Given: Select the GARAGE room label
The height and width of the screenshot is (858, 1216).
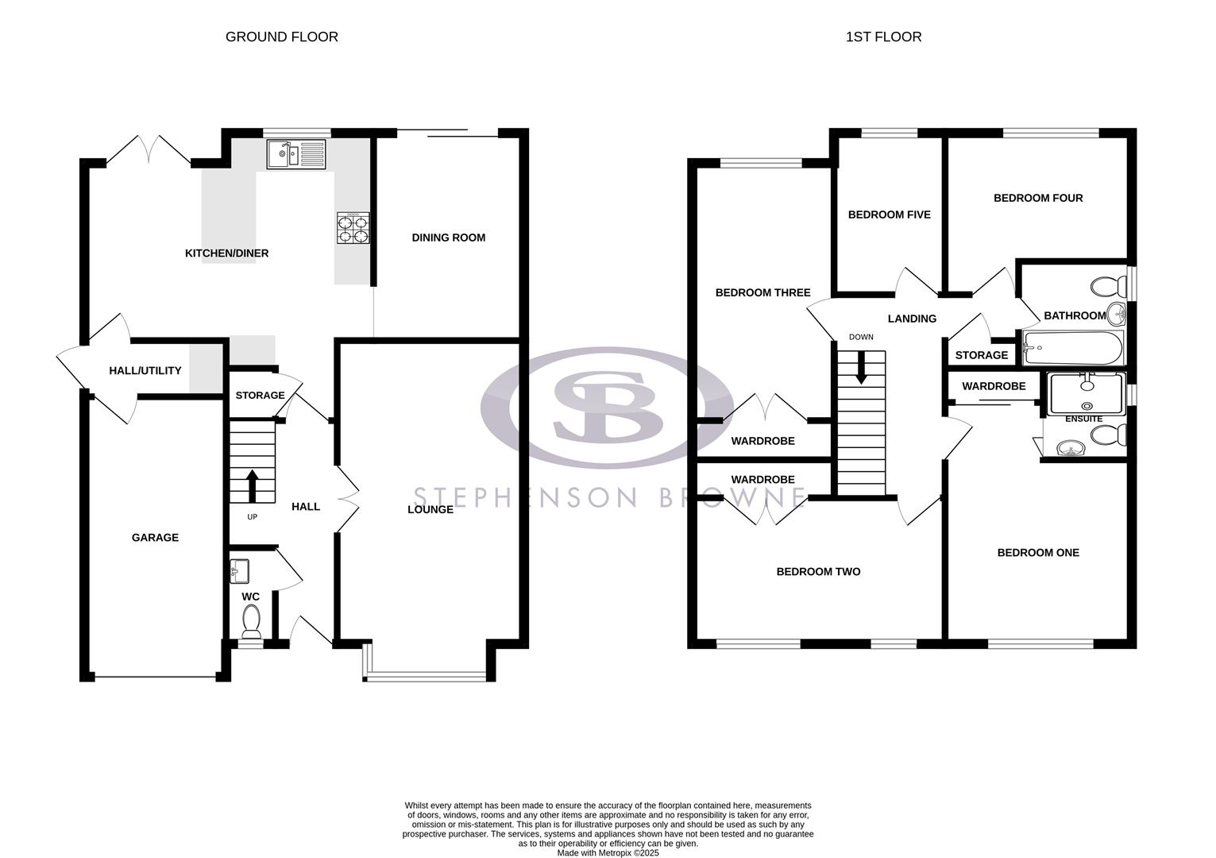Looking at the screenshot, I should coord(155,538).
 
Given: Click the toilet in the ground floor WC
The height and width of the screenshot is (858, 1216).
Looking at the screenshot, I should coord(252,620).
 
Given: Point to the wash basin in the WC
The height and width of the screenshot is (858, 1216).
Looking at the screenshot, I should coord(239,571).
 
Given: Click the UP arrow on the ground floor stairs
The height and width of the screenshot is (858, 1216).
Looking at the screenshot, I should coord(253,485).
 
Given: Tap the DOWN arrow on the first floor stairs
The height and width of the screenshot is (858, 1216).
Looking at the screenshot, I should coord(861,368).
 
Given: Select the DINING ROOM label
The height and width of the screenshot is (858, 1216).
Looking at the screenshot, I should coord(448,238).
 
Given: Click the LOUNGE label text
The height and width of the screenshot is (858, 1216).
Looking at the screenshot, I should coord(430,509).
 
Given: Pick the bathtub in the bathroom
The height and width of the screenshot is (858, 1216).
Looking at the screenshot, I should coord(1073,347).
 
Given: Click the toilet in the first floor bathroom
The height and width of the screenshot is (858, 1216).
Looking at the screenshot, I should coord(1109,284).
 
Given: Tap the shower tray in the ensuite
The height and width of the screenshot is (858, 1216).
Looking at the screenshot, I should coord(1087,392).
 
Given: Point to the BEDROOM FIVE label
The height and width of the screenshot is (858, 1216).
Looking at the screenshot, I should coord(889,214).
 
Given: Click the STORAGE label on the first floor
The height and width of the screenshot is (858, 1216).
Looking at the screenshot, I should coord(981,355).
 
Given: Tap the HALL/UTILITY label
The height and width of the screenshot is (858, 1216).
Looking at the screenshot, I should coord(145,370).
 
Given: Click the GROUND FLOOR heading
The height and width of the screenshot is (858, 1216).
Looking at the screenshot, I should coord(282,37).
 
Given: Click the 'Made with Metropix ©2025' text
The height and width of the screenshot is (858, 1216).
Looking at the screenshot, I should coord(608,853).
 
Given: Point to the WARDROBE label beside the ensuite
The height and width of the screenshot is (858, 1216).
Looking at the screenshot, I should coord(994,386).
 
